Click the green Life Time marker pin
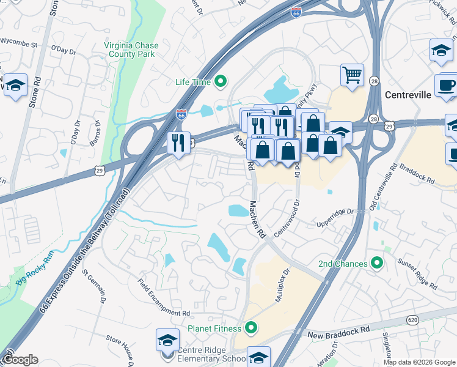point(221,82)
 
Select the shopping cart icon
point(352,75)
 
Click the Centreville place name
point(408,95)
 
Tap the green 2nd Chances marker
point(377,264)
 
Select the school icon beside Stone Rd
point(15,84)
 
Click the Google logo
point(20,360)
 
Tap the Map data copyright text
point(420,362)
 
